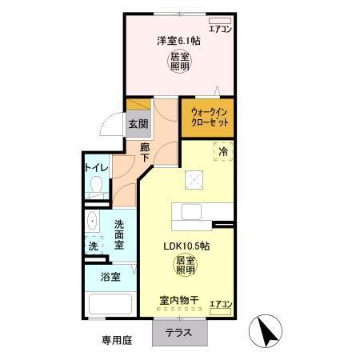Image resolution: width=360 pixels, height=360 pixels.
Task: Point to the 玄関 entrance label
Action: coord(137,124)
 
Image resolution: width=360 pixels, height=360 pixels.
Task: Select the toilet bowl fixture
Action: coord(96,189)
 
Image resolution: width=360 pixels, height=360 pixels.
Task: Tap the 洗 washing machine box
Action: coord(94,246)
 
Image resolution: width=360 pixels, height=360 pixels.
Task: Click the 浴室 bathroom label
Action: coord(110,278)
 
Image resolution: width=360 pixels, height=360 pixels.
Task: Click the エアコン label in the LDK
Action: coord(221,304)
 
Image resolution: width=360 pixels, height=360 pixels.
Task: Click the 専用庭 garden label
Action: coord(116,340)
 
